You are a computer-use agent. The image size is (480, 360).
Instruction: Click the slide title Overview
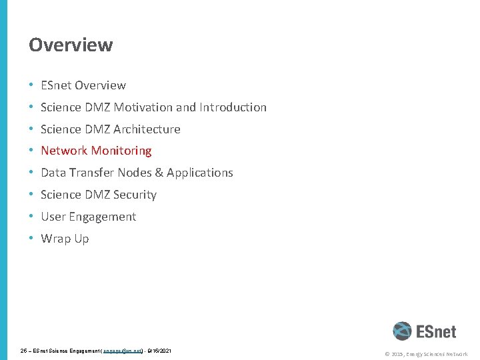tap(71, 45)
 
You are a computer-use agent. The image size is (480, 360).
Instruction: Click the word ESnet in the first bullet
tap(56, 85)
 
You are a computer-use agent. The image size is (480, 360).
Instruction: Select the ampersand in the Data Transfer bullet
tap(158, 173)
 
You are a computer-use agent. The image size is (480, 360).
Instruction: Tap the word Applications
tap(200, 173)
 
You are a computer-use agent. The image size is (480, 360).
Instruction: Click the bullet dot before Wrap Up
tap(31, 239)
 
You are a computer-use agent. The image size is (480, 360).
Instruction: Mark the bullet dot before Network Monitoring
tap(31, 151)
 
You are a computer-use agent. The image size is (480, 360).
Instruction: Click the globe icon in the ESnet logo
tap(402, 331)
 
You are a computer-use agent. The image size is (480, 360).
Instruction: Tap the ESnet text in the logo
tap(437, 331)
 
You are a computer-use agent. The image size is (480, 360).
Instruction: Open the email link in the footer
tap(123, 351)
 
